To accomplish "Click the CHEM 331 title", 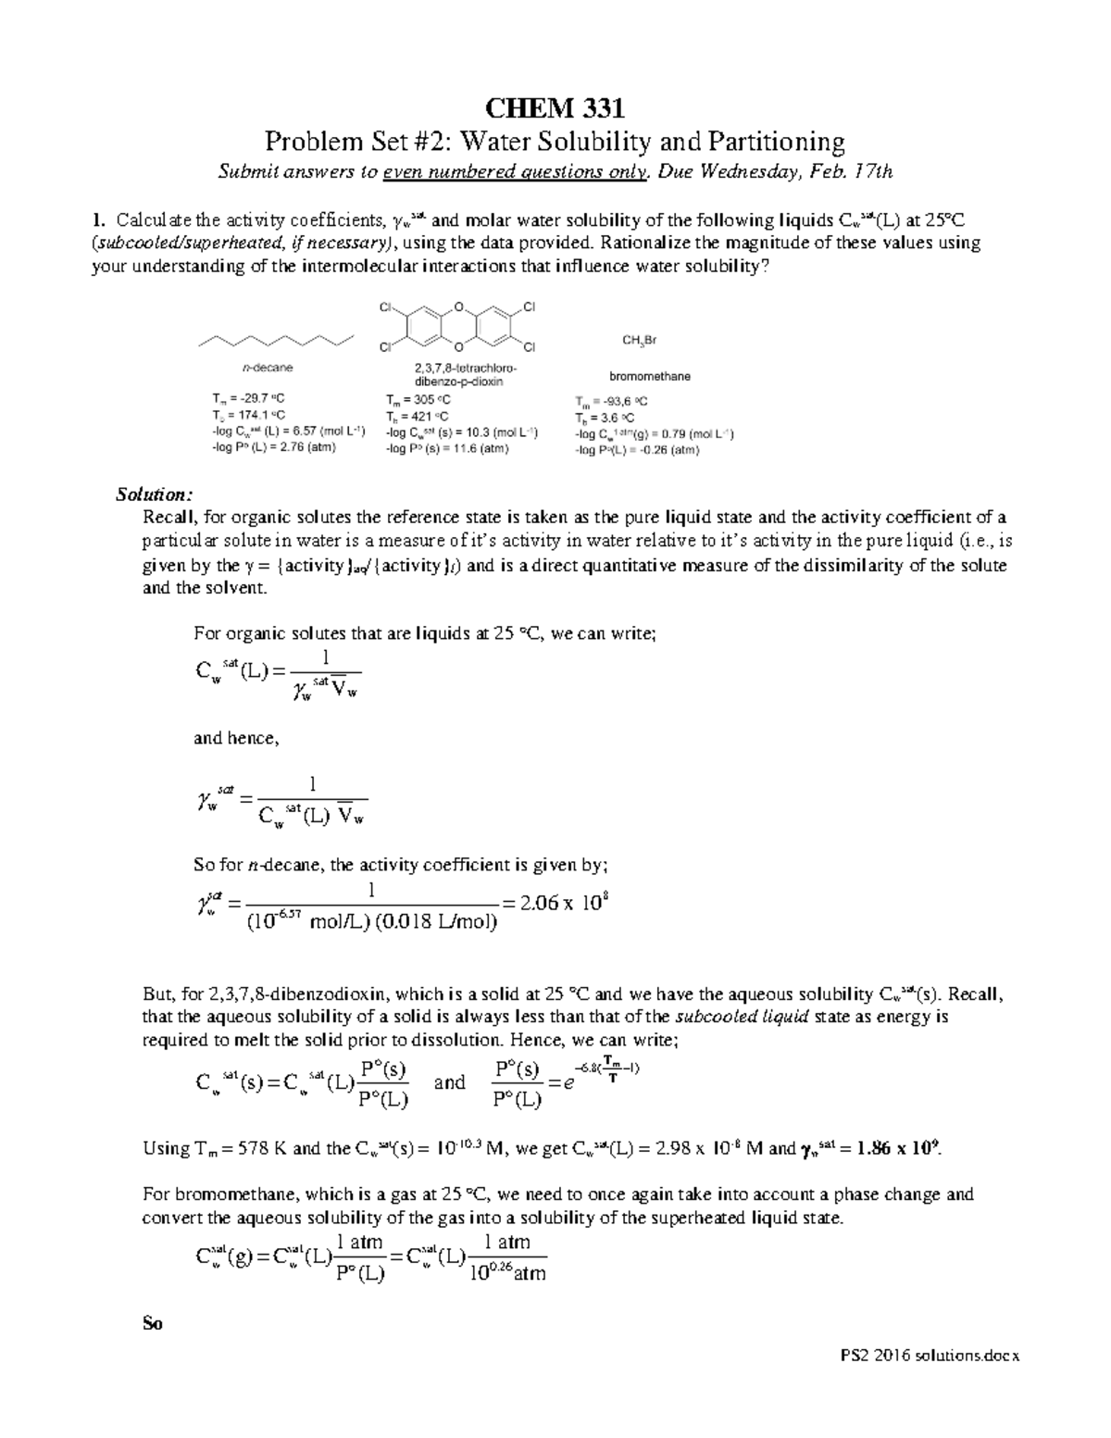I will [x=555, y=109].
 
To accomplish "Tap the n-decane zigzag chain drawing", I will [x=276, y=341].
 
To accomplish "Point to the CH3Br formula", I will [x=640, y=341].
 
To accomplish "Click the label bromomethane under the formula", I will [x=649, y=377].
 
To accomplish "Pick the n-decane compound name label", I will [x=267, y=368].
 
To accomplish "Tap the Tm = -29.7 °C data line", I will [x=243, y=399].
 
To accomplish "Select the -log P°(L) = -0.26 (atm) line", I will [x=637, y=450].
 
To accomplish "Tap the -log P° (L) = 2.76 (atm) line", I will [x=274, y=446].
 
